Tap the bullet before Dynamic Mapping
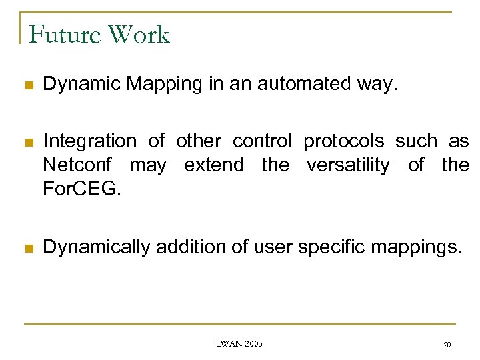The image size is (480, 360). click(28, 85)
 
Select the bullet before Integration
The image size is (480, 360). click(28, 142)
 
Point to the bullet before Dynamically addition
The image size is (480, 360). click(28, 249)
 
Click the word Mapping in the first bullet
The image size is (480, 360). click(159, 85)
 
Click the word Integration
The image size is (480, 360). click(89, 141)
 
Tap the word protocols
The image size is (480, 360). click(344, 141)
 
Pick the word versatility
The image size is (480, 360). click(349, 165)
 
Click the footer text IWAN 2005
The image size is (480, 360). click(240, 344)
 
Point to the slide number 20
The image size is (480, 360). click(447, 345)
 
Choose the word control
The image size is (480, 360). click(262, 141)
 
